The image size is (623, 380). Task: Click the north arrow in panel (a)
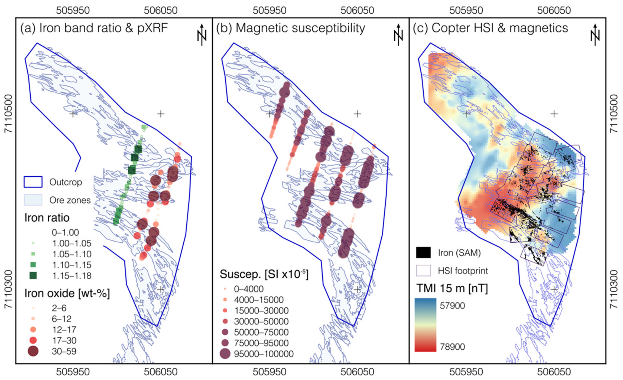tap(202, 35)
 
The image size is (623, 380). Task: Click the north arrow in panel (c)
tap(595, 35)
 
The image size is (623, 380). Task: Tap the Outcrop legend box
tap(33, 182)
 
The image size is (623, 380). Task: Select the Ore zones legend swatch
tap(33, 200)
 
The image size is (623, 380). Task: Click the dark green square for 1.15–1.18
tap(33, 275)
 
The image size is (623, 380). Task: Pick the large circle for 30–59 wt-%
tap(33, 351)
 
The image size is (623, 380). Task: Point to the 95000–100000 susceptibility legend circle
tap(225, 354)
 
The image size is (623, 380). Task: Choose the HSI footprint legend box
tap(423, 271)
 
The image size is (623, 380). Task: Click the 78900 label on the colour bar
tap(452, 347)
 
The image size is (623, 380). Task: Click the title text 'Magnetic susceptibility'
tap(300, 28)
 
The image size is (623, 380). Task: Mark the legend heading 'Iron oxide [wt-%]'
tap(67, 293)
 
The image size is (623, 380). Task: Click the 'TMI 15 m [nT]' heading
tap(452, 288)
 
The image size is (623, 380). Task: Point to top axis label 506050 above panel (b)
tap(357, 10)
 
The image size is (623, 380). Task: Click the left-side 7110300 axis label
tap(8, 289)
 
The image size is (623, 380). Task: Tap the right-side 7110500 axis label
tap(614, 114)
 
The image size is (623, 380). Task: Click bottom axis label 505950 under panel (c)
tap(466, 372)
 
